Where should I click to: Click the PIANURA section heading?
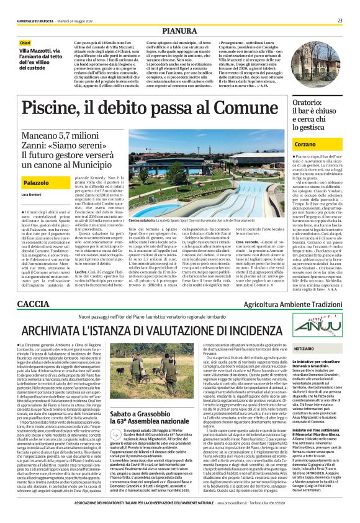click(179, 30)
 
